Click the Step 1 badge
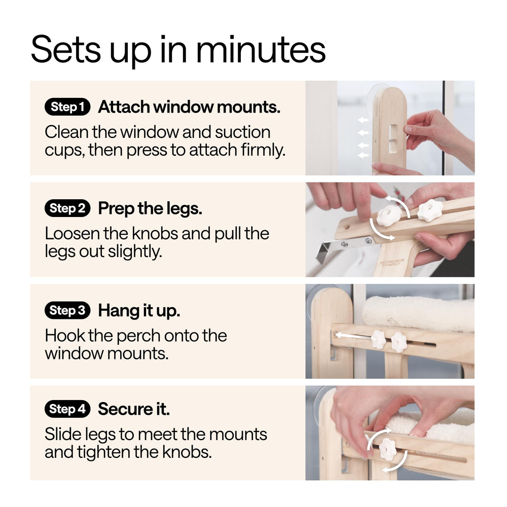[67, 106]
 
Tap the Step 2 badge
[67, 208]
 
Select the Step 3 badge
[67, 310]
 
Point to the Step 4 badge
[67, 409]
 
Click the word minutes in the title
[261, 50]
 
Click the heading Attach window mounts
[189, 106]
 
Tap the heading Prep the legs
[150, 208]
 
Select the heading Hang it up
[139, 311]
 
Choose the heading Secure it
[133, 409]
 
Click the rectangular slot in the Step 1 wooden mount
[394, 138]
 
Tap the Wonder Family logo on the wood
[392, 262]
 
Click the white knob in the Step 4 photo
[387, 449]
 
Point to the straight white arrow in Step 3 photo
[353, 336]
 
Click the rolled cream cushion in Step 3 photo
[418, 314]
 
